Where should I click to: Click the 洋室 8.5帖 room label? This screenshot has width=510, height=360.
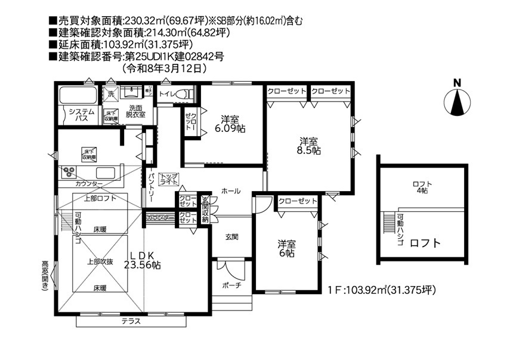click(309, 146)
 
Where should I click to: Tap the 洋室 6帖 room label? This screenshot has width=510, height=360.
click(286, 248)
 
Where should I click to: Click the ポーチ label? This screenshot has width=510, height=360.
click(231, 285)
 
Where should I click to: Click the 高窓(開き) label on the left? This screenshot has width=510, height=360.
click(45, 275)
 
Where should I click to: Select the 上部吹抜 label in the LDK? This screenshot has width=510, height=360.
click(100, 261)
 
